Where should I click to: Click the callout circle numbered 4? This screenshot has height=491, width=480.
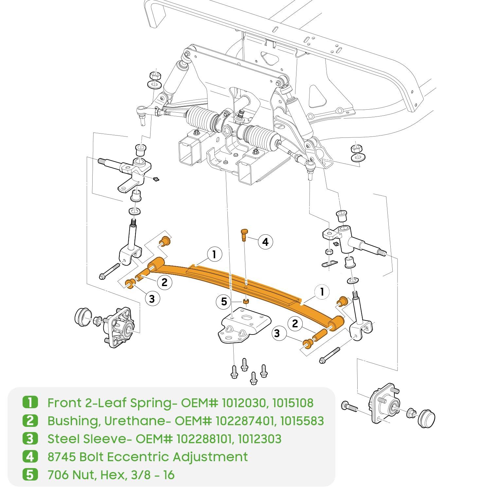click(x=265, y=242)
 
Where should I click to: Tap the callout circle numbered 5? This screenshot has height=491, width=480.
click(x=224, y=301)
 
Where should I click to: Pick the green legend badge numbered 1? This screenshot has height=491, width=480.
click(x=30, y=402)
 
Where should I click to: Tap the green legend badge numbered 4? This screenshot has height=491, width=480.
click(x=30, y=456)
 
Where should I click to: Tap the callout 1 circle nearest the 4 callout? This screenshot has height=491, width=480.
click(x=214, y=254)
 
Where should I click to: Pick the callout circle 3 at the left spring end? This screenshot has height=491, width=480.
click(x=152, y=298)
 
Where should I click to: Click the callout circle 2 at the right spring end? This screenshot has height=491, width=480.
click(x=295, y=324)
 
